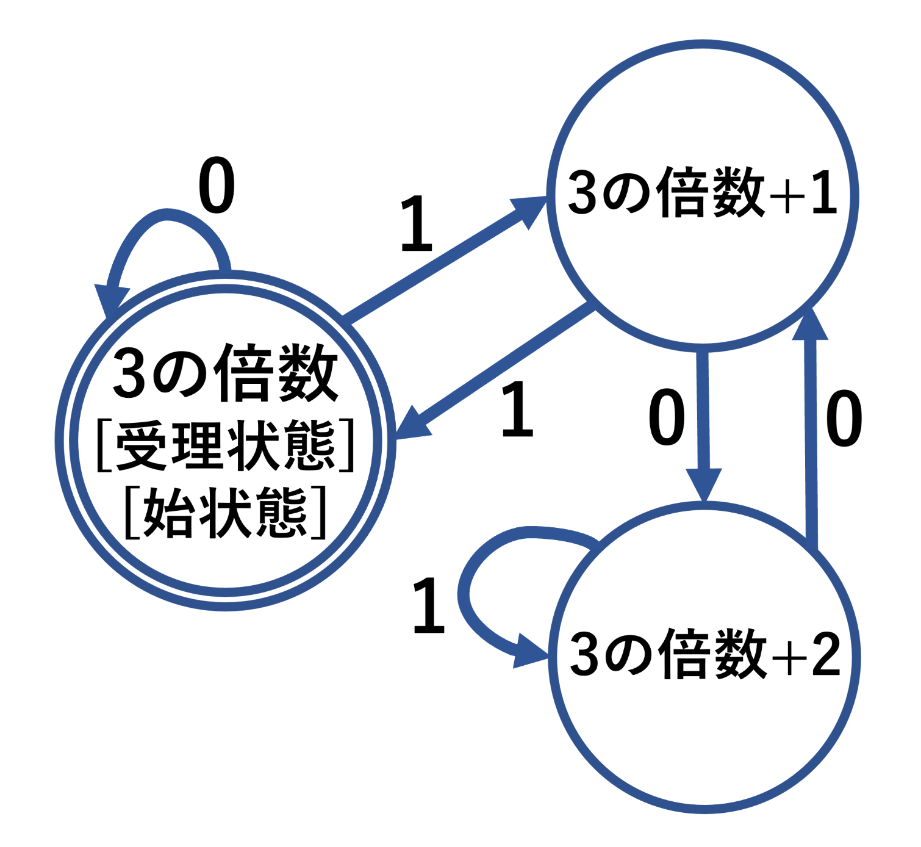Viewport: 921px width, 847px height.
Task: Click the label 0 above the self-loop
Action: (217, 186)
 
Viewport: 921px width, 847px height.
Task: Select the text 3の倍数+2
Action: (704, 655)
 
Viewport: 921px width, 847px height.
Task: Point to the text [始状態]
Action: (226, 513)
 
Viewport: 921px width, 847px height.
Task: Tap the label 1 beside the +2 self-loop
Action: (429, 607)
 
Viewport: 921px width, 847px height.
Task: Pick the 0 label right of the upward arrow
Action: (844, 419)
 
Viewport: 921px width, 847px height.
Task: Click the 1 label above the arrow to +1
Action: (417, 225)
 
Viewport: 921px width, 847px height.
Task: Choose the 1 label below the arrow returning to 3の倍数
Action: (517, 409)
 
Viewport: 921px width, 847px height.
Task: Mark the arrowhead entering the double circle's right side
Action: (412, 425)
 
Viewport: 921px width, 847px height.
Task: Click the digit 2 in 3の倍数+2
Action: (826, 654)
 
